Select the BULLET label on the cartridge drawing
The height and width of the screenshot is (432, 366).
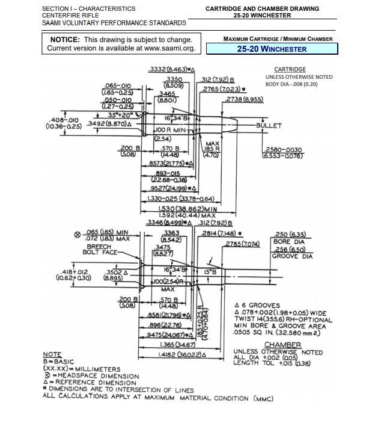click(x=268, y=126)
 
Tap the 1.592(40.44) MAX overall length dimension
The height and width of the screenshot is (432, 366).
click(x=181, y=215)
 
